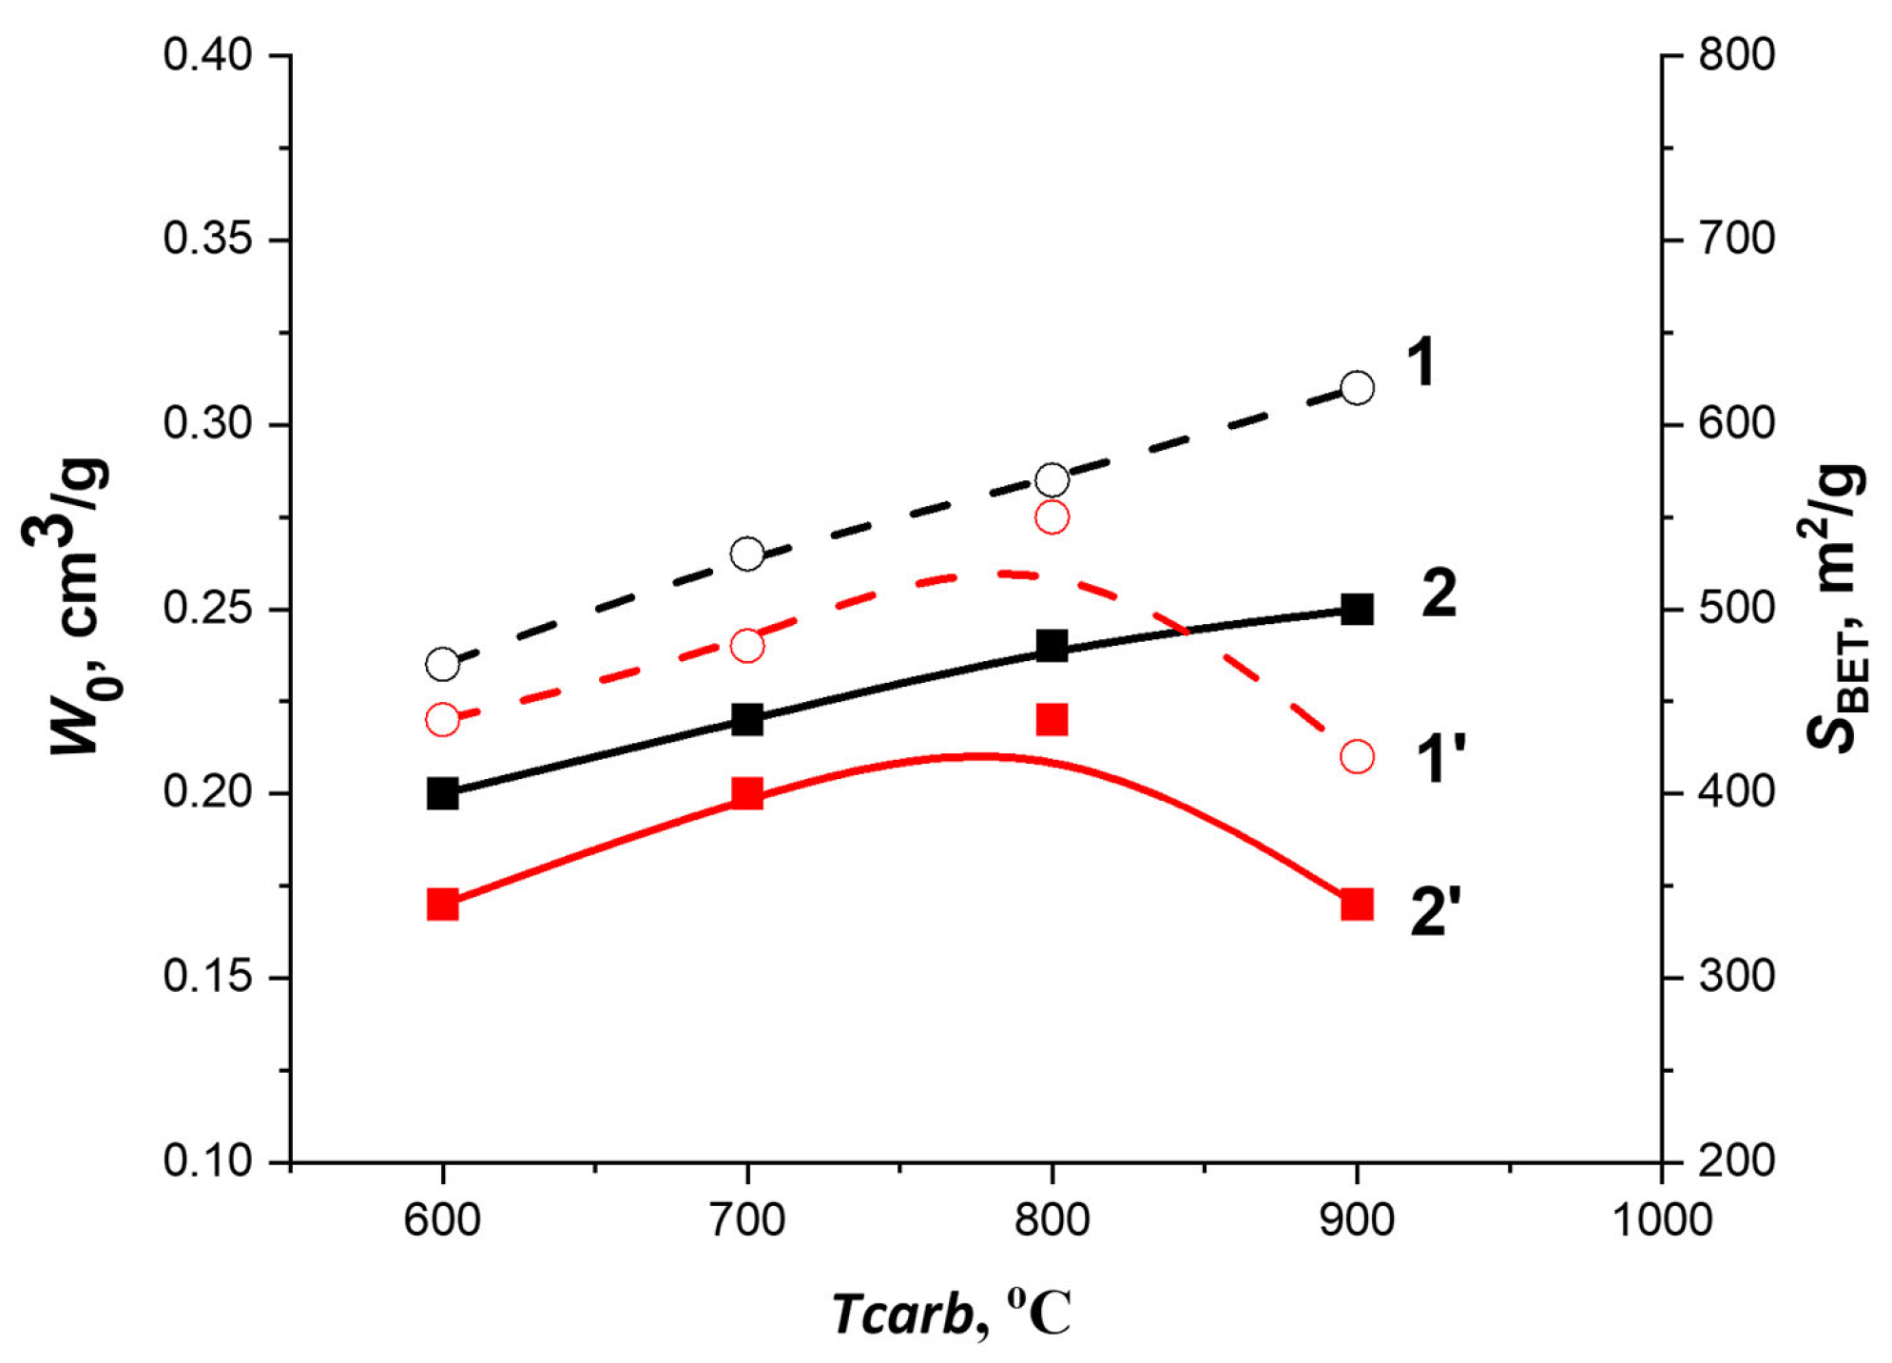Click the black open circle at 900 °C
(x=1357, y=388)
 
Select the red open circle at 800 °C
(x=1052, y=517)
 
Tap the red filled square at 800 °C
(x=1052, y=719)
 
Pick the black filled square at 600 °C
(x=442, y=792)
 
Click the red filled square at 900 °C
(x=1357, y=904)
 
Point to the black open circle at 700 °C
(x=747, y=554)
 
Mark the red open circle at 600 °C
(x=442, y=720)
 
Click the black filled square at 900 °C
(x=1357, y=609)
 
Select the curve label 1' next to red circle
(x=1439, y=759)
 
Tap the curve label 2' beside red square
(x=1434, y=910)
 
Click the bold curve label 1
(x=1420, y=362)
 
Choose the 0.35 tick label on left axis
(x=207, y=239)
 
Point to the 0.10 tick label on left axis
(x=207, y=1161)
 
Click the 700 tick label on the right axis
(x=1736, y=239)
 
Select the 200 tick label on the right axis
(x=1736, y=1161)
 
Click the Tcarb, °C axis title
(x=951, y=1314)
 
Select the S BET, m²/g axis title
(x=1835, y=609)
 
